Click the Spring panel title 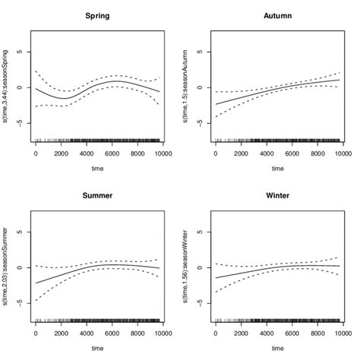coord(97,16)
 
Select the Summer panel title coord(97,195)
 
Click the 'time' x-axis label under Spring coord(97,168)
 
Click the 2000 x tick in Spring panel coord(62,154)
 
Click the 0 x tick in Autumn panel coord(216,154)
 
